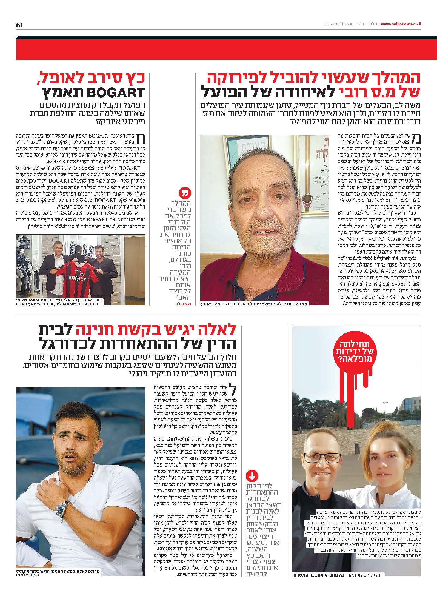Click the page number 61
click(x=20, y=25)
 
